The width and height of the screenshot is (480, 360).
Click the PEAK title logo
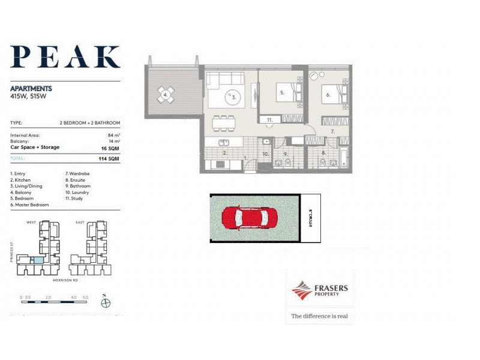coord(65,56)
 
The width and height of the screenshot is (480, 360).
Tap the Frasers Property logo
coord(320,291)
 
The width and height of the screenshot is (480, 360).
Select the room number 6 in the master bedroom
coord(329,95)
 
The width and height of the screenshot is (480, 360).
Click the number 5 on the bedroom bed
coord(281,93)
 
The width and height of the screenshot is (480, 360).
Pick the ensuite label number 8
coord(324,153)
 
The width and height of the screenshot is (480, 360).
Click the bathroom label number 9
coord(287,153)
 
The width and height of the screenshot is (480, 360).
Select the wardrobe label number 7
coord(331,131)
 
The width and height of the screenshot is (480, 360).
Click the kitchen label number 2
coord(224,153)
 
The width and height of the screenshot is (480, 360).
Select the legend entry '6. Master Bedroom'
coord(31,205)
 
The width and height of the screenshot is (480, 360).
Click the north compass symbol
coord(106,302)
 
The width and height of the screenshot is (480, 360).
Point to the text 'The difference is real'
coord(319,316)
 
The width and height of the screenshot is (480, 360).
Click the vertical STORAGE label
coord(311,218)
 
